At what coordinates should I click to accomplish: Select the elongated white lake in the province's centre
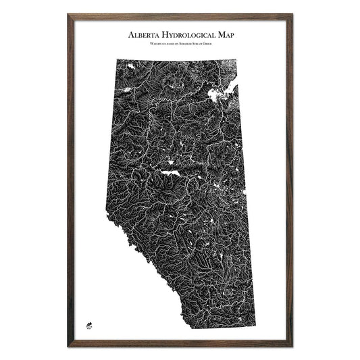170,173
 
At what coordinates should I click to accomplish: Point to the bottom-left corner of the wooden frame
69,346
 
